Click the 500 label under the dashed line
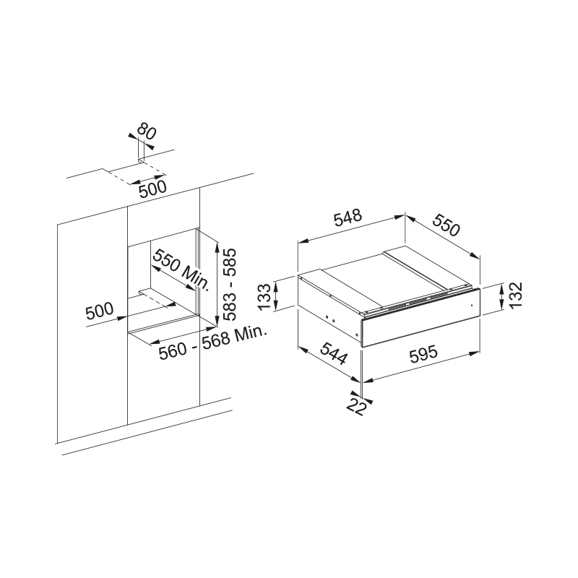152,189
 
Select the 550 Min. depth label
181,269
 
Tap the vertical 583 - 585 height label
229,284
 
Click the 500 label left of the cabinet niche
100,311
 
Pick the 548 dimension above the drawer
348,217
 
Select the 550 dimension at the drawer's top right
447,225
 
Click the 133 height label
264,297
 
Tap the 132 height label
515,295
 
